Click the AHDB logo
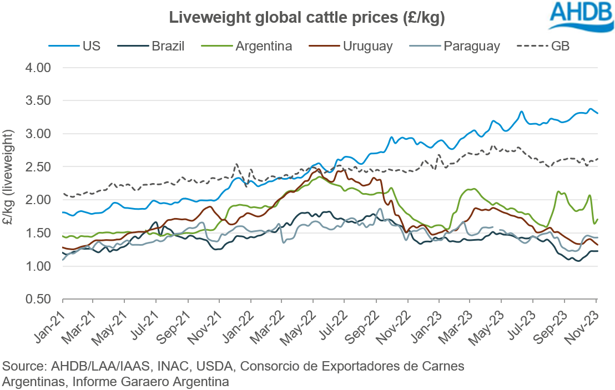[579, 16]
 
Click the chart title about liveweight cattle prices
[307, 18]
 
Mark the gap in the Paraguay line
[497, 228]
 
